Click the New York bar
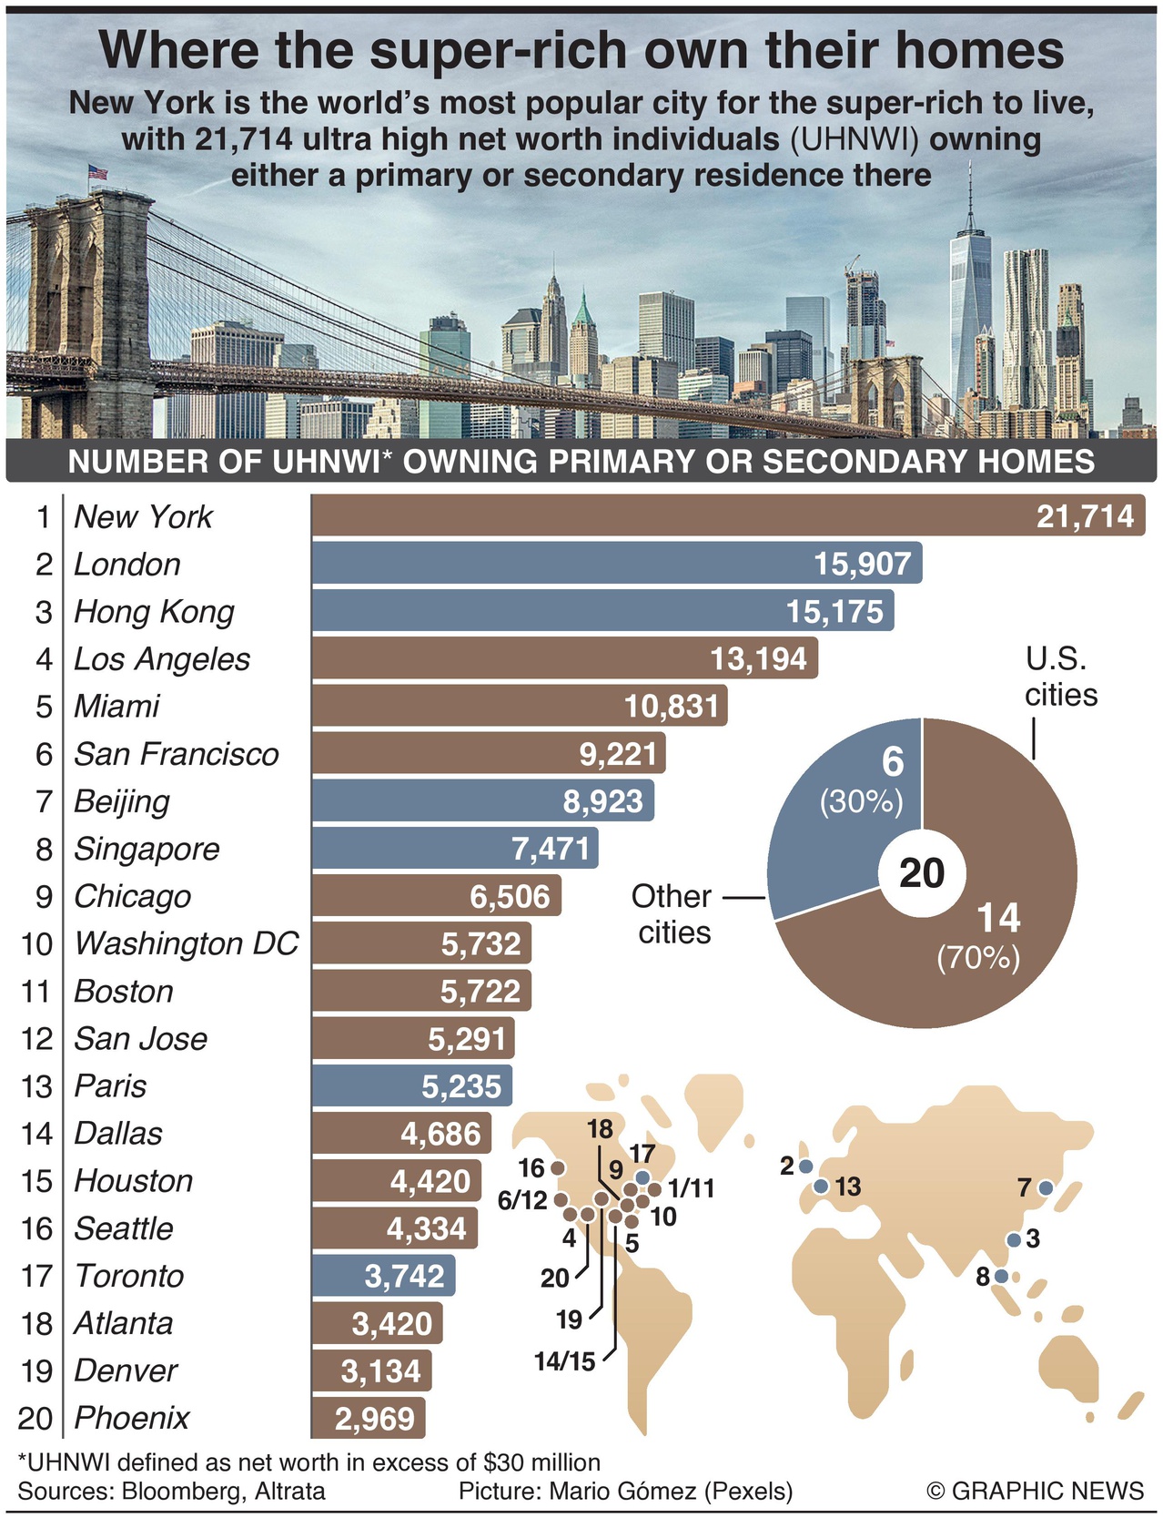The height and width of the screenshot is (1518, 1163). pos(727,515)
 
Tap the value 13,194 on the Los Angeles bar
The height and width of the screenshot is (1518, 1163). pos(758,658)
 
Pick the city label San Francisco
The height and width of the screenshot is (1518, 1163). pos(176,754)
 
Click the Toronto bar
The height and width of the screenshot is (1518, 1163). pos(382,1276)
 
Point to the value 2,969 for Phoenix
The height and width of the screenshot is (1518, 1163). pos(374,1418)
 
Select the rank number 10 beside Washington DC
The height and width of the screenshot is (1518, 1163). pos(37,943)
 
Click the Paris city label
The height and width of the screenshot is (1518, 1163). pos(110,1085)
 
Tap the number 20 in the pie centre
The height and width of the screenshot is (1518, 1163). pos(922,873)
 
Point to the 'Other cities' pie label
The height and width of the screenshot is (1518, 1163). pos(673,913)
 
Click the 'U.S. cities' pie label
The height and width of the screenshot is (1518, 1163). pos(1060,677)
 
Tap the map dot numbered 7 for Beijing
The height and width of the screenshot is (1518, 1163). pos(1045,1187)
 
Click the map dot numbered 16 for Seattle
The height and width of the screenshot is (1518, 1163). pos(558,1167)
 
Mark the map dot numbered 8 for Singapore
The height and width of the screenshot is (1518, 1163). pos(1001,1276)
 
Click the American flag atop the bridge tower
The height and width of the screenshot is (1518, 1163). pos(97,172)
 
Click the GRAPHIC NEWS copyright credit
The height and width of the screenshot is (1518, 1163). pos(1035,1491)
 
